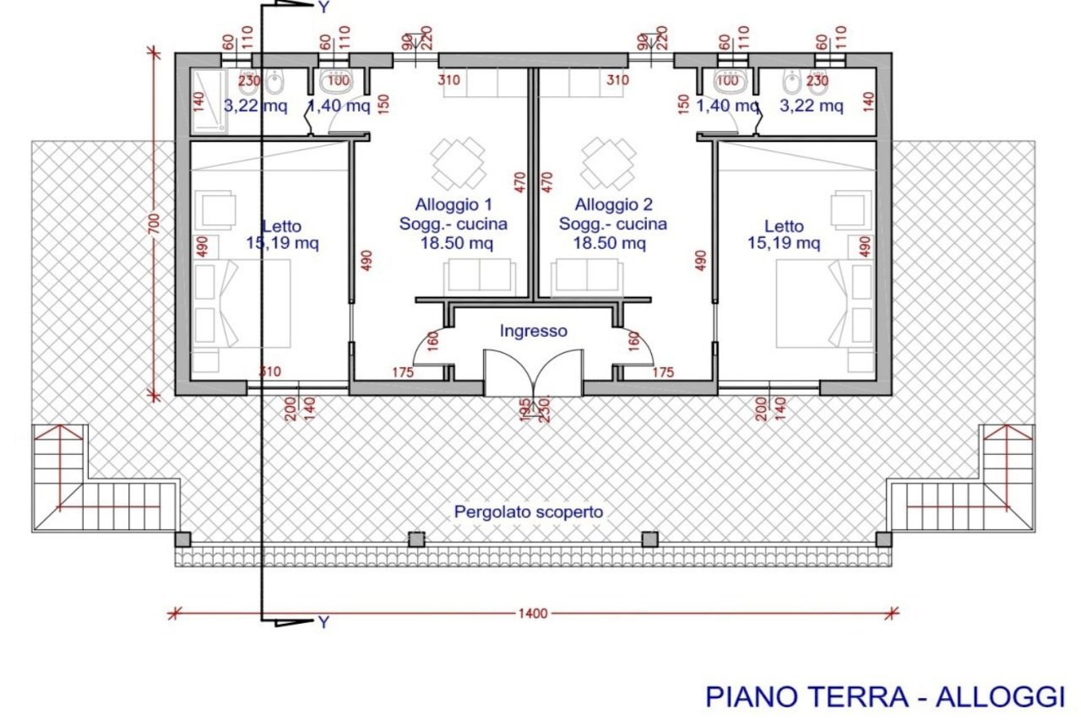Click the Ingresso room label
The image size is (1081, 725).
click(533, 332)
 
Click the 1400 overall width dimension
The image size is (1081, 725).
click(533, 614)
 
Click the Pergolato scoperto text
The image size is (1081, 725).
click(529, 511)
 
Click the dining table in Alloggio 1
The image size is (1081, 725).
click(459, 164)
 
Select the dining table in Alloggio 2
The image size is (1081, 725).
click(608, 164)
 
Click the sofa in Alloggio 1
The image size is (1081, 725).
click(479, 277)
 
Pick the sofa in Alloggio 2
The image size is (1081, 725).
click(585, 277)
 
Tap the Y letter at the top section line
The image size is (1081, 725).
click(323, 8)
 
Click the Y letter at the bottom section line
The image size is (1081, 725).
click(323, 623)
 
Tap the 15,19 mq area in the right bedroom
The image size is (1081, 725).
click(784, 244)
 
